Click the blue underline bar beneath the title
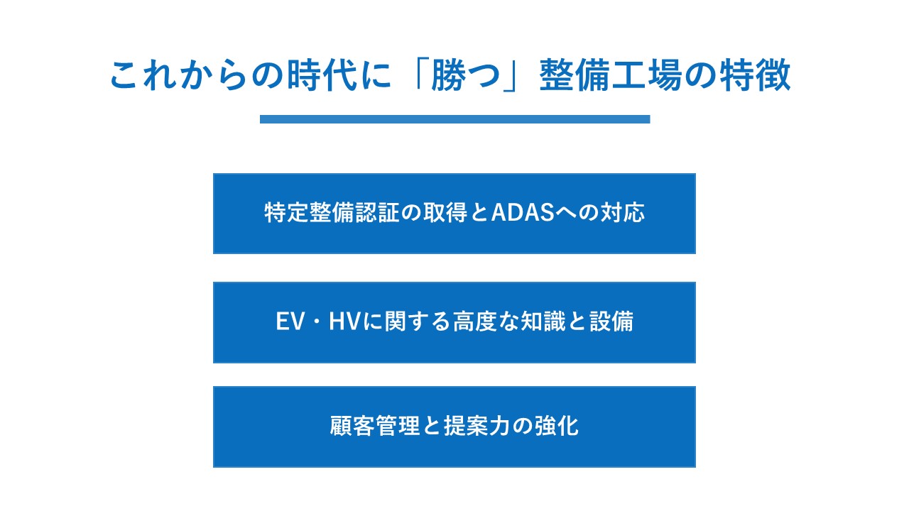[x=454, y=119]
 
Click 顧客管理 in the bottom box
[x=374, y=427]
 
